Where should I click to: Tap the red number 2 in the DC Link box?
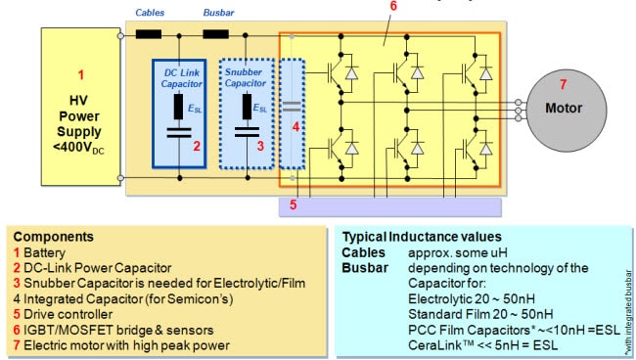[x=196, y=147]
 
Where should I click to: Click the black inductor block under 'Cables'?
[x=150, y=35]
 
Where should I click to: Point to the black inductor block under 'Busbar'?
[x=216, y=35]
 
